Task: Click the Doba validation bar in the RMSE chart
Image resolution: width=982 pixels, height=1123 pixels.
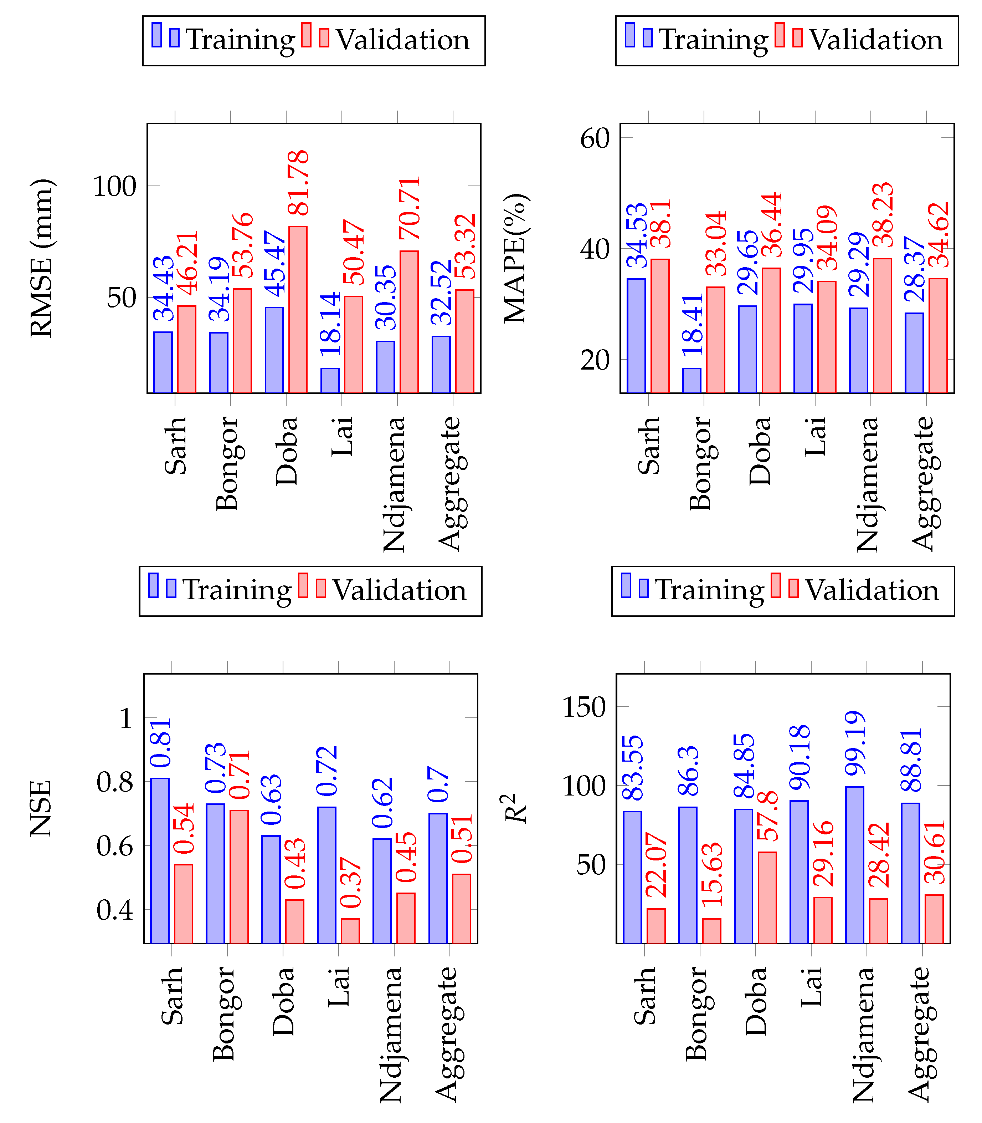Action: click(298, 310)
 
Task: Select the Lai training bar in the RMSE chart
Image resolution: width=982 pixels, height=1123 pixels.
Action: click(330, 381)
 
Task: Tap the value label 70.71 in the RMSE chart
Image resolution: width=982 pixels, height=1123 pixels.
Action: click(410, 208)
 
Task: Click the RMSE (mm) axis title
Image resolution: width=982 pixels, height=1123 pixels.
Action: click(42, 258)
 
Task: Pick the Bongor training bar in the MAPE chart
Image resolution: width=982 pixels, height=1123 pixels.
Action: click(691, 381)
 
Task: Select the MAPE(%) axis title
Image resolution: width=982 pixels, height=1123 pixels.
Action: click(515, 258)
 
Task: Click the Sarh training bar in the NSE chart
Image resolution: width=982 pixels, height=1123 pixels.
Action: click(159, 860)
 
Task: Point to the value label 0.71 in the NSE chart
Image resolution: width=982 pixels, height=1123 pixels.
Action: click(240, 774)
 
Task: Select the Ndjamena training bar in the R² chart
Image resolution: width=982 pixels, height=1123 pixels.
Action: click(855, 865)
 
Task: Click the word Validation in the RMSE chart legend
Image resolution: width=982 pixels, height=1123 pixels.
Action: click(403, 40)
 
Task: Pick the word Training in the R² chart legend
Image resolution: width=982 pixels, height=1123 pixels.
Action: click(710, 590)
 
